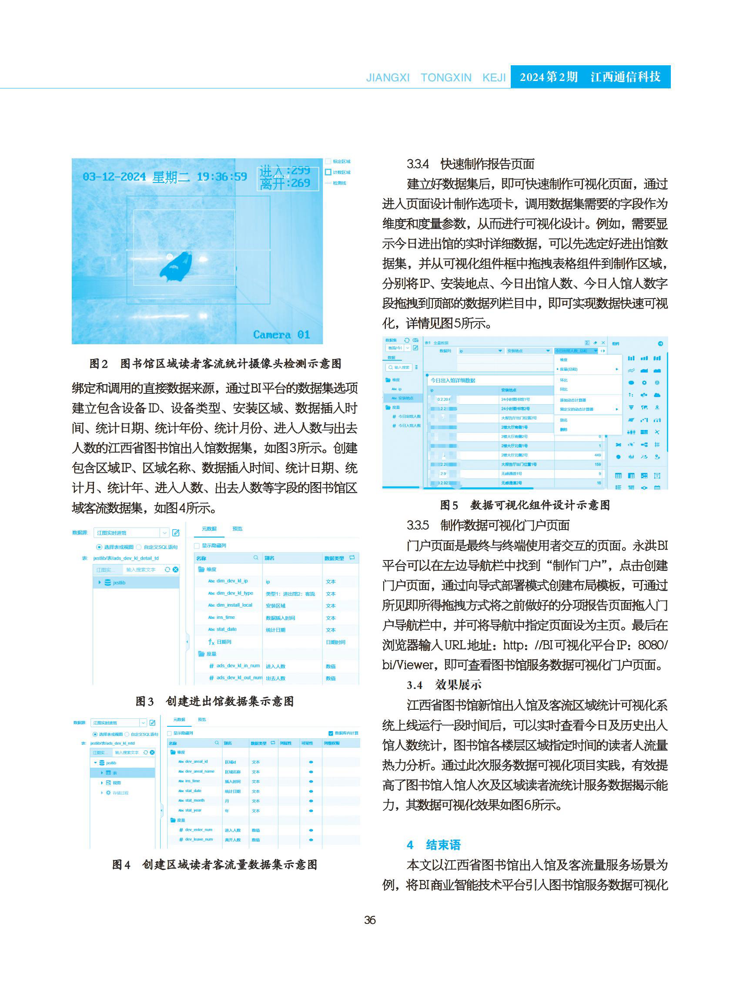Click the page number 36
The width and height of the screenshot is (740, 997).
click(x=369, y=920)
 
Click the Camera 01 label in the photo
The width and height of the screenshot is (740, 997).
click(x=281, y=335)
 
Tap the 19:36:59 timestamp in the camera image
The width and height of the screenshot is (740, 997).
click(x=222, y=177)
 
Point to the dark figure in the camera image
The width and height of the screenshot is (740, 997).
click(x=176, y=267)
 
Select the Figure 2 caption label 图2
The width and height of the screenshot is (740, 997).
click(x=99, y=364)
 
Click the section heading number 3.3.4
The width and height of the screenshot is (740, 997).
click(x=418, y=164)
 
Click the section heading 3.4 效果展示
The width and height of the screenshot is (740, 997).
click(x=444, y=685)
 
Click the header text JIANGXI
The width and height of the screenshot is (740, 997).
click(x=388, y=77)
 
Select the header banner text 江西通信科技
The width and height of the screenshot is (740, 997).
click(x=625, y=77)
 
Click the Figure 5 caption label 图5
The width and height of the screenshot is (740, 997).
click(x=449, y=505)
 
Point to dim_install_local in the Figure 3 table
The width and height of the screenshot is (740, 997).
click(x=234, y=605)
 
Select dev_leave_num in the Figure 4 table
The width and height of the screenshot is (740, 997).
click(x=199, y=839)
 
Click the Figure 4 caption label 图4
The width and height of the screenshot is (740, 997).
click(x=121, y=865)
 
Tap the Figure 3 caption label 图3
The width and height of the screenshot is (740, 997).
click(x=145, y=701)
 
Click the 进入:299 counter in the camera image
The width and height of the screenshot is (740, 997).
click(x=285, y=171)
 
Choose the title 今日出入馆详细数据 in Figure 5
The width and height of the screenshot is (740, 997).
click(x=453, y=380)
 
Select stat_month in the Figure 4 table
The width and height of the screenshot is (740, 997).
click(x=194, y=800)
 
